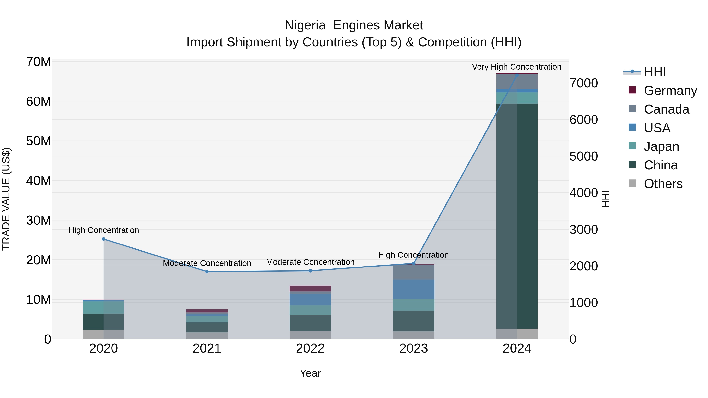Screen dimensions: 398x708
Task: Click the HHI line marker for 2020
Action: coord(104,239)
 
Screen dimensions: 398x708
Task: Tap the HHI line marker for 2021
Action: coord(207,272)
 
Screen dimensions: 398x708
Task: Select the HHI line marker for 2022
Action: coord(310,271)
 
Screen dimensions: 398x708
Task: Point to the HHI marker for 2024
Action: coord(517,75)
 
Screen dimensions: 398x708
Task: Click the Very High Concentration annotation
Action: coord(516,67)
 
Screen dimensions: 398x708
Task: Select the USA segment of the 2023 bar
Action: coord(414,290)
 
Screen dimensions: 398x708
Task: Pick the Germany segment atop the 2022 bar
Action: coord(310,288)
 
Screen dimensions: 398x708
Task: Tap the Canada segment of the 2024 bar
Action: coord(517,82)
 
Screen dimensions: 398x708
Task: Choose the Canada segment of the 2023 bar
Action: coord(414,272)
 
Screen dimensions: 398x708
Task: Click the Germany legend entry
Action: coord(670,91)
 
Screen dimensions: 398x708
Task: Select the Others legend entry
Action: coord(663,184)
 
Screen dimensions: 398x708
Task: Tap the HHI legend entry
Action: coord(655,72)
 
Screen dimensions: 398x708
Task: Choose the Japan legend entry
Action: coord(661,146)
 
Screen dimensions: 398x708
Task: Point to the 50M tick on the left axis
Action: coord(39,141)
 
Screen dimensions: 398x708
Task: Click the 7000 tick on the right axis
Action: coord(584,83)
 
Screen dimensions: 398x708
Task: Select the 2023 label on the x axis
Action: coord(414,348)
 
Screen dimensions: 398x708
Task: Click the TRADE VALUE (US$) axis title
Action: coord(6,199)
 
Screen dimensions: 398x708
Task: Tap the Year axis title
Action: coord(310,373)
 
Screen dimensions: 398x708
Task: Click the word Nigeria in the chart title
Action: coord(305,25)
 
